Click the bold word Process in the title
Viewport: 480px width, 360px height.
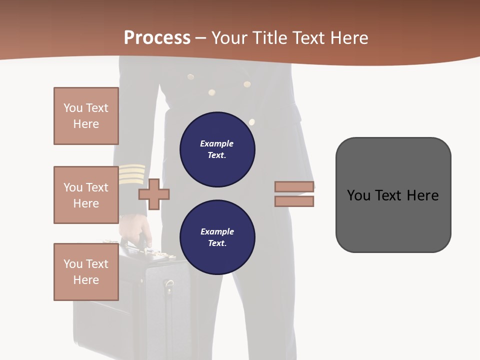click(157, 37)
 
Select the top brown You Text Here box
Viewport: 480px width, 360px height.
click(86, 116)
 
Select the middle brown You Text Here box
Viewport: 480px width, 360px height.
click(86, 195)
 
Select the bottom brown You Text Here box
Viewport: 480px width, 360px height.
click(86, 272)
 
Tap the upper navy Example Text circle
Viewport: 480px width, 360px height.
click(217, 149)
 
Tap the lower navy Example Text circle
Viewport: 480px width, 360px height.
click(217, 237)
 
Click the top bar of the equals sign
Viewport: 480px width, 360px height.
click(294, 186)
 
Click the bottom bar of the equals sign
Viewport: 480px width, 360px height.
click(294, 201)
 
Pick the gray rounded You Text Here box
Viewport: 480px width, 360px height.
click(393, 195)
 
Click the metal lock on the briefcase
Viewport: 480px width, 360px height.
click(169, 286)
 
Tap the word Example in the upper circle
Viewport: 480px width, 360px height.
click(216, 143)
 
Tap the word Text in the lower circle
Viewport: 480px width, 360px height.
click(217, 243)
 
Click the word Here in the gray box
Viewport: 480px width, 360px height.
click(422, 195)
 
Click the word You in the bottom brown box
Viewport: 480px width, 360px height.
click(73, 264)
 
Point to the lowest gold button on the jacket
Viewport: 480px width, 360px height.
click(251, 121)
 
